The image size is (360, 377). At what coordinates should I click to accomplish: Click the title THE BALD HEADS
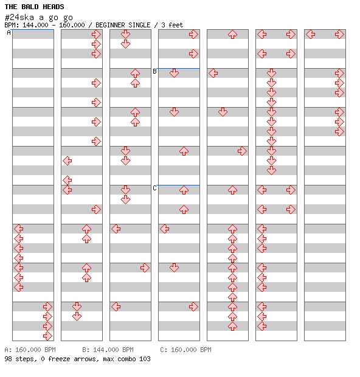tap(35, 7)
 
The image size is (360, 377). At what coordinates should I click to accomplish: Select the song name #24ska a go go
tap(39, 18)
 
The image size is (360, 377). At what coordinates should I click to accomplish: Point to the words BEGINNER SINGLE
tap(123, 25)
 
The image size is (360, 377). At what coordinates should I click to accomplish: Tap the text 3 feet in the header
tap(172, 25)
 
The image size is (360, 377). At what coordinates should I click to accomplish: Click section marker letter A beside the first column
tap(9, 32)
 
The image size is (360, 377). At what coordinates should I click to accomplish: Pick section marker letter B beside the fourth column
tap(154, 71)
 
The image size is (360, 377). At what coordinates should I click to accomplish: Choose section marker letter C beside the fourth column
tap(154, 188)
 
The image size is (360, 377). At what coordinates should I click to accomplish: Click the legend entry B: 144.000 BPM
tap(108, 350)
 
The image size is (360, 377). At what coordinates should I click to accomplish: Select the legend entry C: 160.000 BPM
tap(185, 350)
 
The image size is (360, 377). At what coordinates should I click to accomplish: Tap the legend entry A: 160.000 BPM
tap(30, 350)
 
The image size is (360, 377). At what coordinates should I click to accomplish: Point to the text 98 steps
tap(20, 359)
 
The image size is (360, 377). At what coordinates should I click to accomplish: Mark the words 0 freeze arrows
tap(69, 359)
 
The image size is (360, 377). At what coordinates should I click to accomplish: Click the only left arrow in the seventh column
tap(311, 35)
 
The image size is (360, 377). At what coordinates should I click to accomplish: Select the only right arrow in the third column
tap(145, 268)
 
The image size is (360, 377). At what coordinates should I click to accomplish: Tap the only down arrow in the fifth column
tap(223, 112)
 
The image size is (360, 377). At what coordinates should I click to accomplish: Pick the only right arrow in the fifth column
tap(242, 151)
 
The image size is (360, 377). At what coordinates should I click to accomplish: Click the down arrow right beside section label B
tap(174, 73)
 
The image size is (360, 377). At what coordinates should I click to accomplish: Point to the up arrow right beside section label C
tap(184, 190)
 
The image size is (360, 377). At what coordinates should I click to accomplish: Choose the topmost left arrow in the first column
tap(18, 229)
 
